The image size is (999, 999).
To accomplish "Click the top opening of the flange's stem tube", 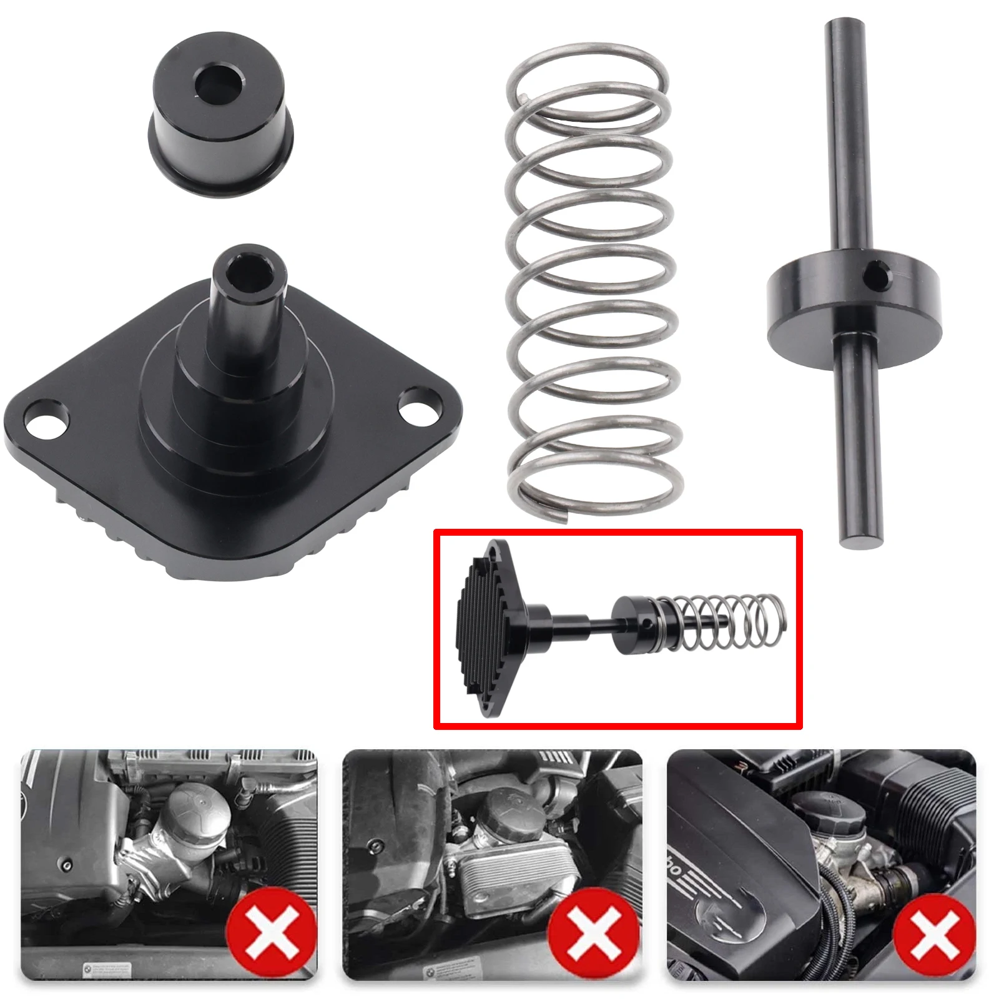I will tap(249, 270).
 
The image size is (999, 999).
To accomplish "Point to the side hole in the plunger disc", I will tap(878, 275).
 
